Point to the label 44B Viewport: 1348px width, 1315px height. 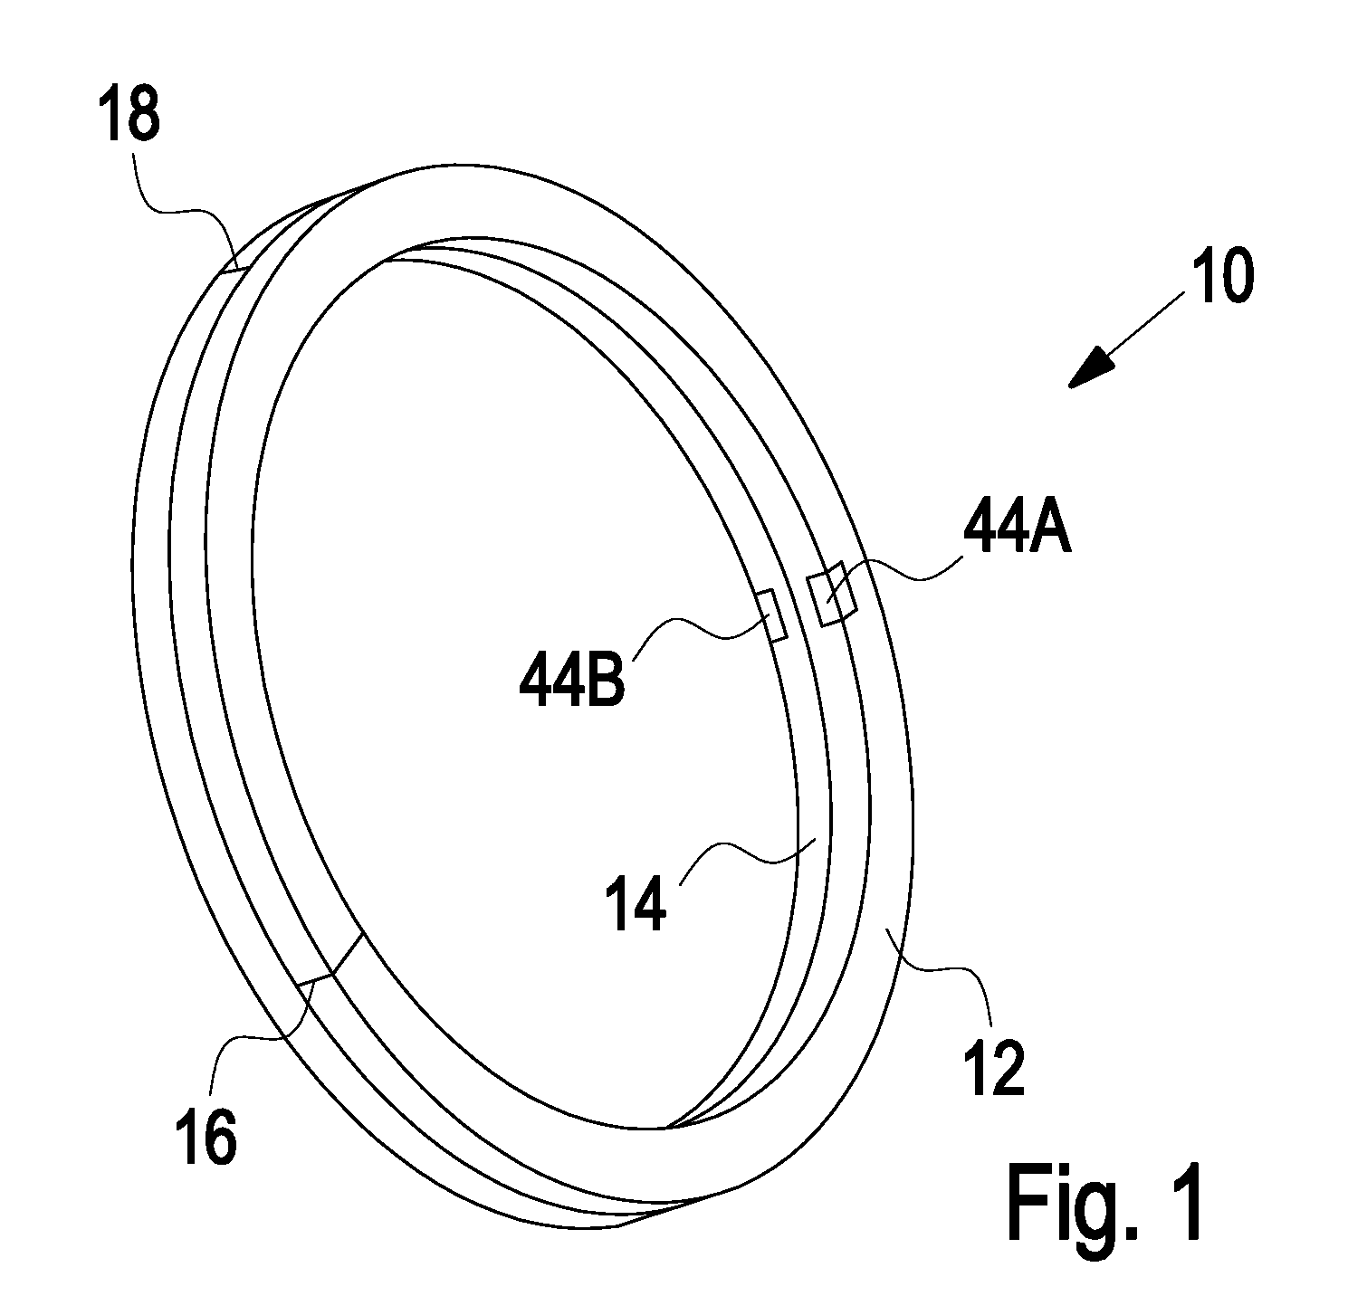point(572,680)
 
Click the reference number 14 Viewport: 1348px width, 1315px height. point(635,905)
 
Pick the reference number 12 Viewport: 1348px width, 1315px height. point(997,1069)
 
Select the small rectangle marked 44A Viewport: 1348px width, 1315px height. point(833,593)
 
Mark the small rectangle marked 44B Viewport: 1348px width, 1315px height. point(774,615)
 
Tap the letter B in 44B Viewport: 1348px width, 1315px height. point(607,680)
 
